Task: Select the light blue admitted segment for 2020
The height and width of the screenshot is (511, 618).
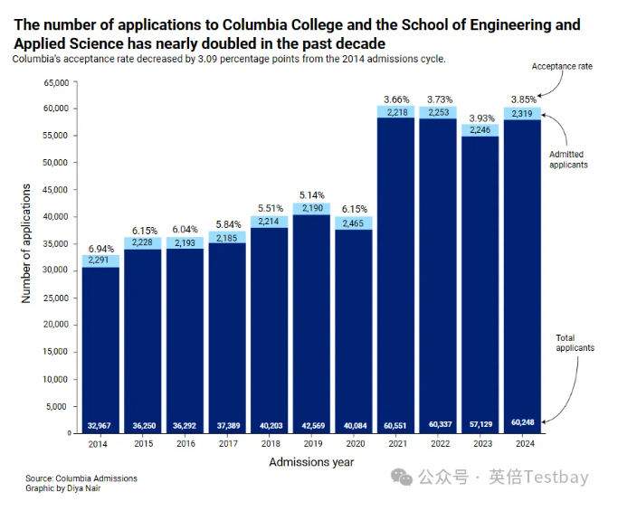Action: tap(354, 222)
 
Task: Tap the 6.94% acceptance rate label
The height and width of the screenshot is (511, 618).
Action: tap(100, 247)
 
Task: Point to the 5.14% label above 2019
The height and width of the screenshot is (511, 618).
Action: tap(311, 194)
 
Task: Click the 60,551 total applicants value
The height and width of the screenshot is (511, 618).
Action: tap(395, 424)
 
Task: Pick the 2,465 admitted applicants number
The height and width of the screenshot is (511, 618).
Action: tap(354, 222)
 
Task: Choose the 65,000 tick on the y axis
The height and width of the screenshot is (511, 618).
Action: tap(56, 82)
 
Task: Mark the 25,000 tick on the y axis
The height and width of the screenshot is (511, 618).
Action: tap(56, 298)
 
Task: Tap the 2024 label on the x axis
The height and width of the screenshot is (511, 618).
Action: tap(522, 444)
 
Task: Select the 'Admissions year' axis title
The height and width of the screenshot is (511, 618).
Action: tap(311, 462)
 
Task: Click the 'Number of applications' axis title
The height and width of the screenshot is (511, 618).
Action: tap(26, 243)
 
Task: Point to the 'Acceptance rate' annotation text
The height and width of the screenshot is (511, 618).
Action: tap(562, 66)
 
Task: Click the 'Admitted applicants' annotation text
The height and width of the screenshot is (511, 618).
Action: tap(568, 159)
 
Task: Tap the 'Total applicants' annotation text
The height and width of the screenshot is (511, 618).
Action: tap(575, 343)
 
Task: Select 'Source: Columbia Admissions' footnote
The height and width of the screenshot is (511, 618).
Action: tap(81, 478)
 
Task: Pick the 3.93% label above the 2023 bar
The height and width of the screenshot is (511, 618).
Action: tap(480, 118)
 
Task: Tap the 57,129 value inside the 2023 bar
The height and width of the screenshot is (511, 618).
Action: tap(480, 424)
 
